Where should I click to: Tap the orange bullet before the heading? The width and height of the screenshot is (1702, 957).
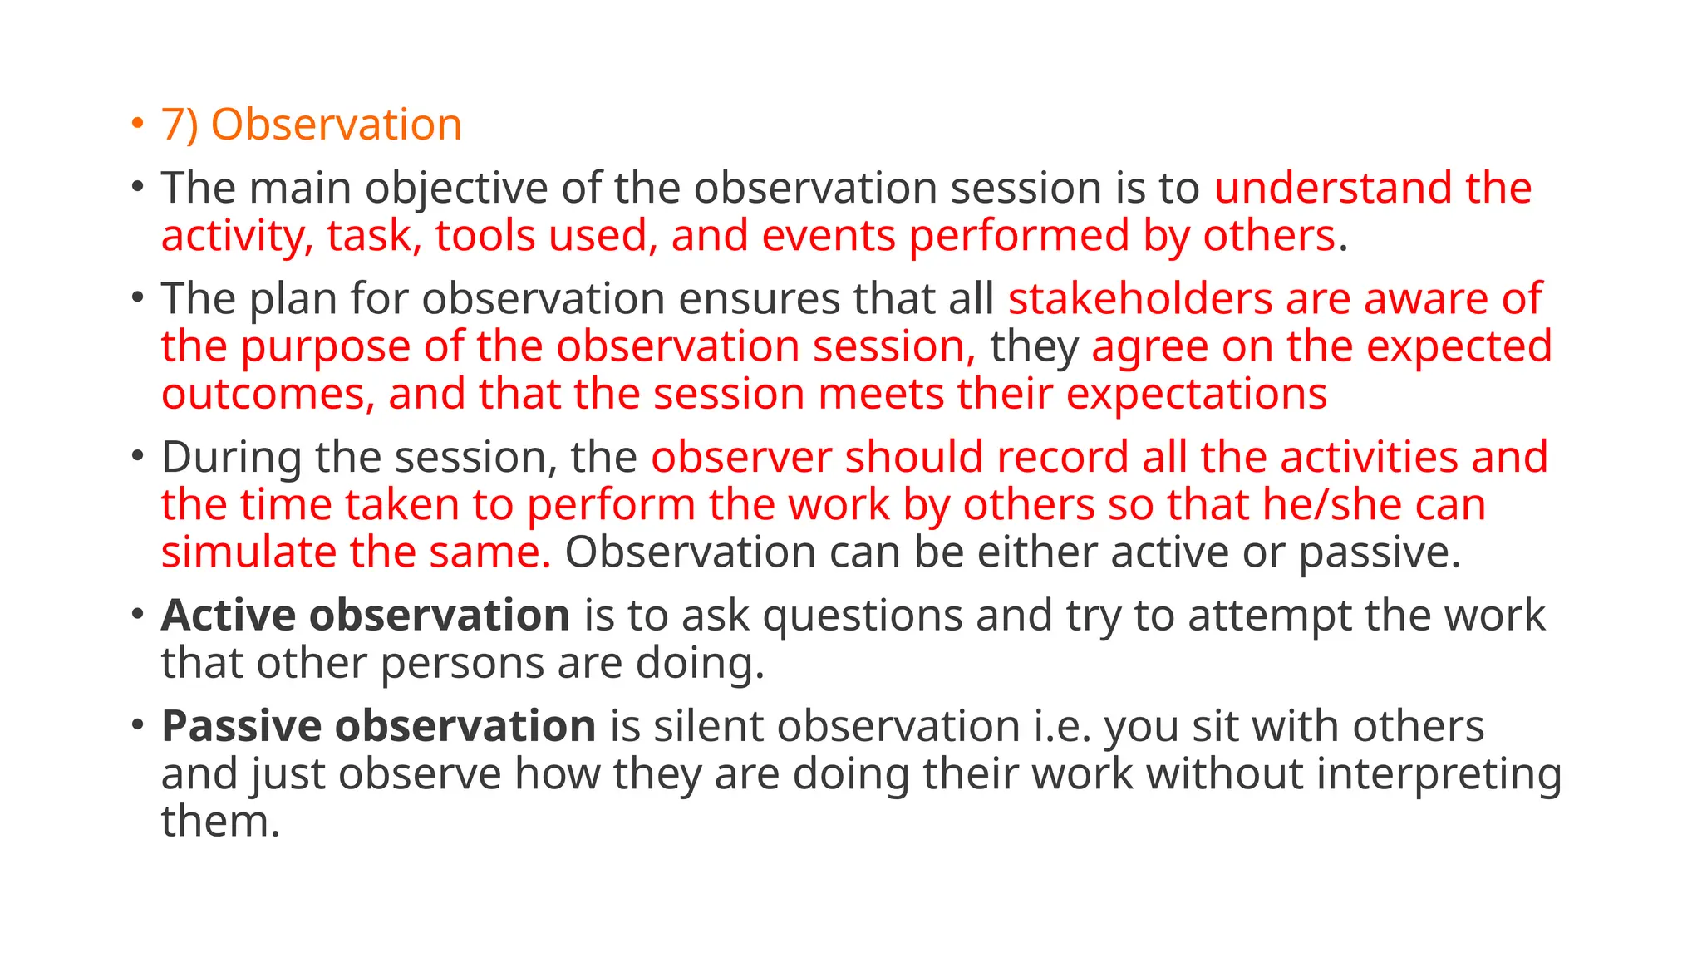138,124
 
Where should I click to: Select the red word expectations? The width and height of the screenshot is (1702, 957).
1197,395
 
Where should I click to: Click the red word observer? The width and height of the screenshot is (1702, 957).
741,458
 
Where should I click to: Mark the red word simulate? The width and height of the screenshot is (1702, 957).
248,552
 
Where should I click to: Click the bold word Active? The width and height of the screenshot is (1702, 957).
229,616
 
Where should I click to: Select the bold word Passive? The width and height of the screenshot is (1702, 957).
242,726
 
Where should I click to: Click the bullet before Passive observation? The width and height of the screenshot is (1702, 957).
138,725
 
